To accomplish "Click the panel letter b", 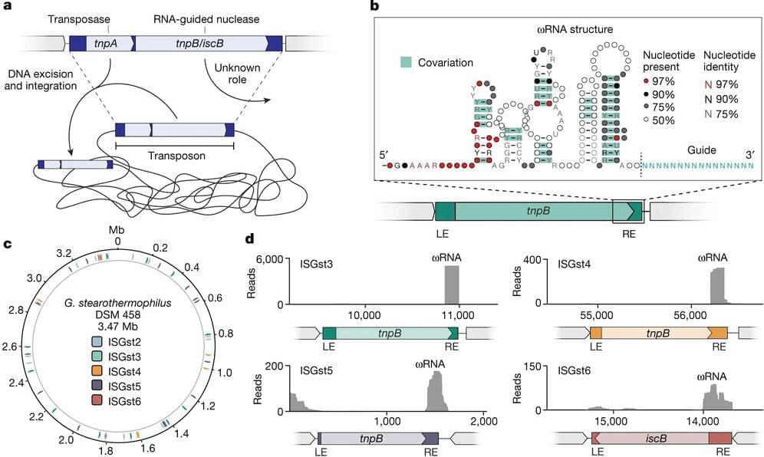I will point(374,7).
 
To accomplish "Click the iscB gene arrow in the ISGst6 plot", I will point(652,438).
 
